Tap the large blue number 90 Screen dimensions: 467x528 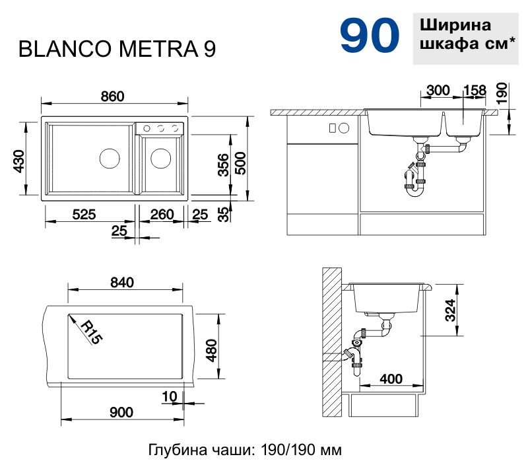(x=370, y=36)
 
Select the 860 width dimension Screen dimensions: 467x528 (x=113, y=96)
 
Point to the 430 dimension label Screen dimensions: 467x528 (x=18, y=161)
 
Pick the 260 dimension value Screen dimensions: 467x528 (x=162, y=214)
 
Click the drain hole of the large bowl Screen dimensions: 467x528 (x=109, y=159)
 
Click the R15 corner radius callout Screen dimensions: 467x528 (x=91, y=332)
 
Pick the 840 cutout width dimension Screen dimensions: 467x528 (x=122, y=283)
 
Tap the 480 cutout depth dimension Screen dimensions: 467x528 (x=211, y=350)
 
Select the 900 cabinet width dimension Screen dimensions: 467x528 (x=121, y=412)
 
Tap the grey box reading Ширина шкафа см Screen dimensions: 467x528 (x=466, y=36)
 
